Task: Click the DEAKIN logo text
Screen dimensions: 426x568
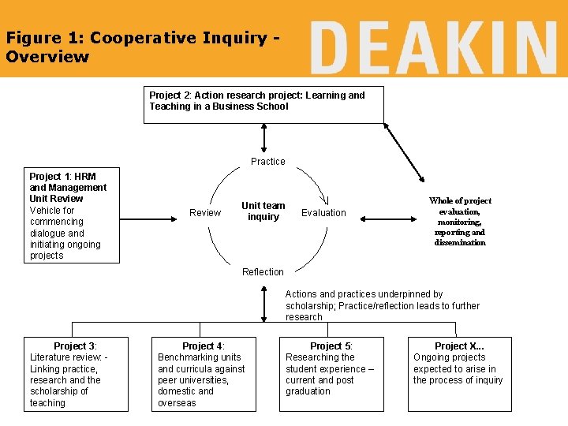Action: [433, 47]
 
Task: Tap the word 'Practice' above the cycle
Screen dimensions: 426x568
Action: [268, 162]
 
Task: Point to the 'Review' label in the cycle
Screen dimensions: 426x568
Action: [205, 213]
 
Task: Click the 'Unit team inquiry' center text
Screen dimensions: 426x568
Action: [263, 211]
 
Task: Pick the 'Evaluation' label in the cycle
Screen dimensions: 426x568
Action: [323, 213]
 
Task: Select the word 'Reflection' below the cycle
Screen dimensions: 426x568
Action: [263, 272]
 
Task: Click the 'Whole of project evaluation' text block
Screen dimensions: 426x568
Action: [460, 222]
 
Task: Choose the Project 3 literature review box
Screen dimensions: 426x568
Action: [76, 374]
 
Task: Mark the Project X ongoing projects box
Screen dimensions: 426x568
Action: [459, 374]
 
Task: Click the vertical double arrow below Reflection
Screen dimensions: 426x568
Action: [263, 304]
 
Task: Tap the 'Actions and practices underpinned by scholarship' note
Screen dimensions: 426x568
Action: [382, 305]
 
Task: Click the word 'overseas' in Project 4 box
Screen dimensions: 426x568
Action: [177, 403]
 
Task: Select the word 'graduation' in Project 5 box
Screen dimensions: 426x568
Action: [308, 391]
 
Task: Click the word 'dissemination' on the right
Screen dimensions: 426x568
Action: [460, 243]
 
